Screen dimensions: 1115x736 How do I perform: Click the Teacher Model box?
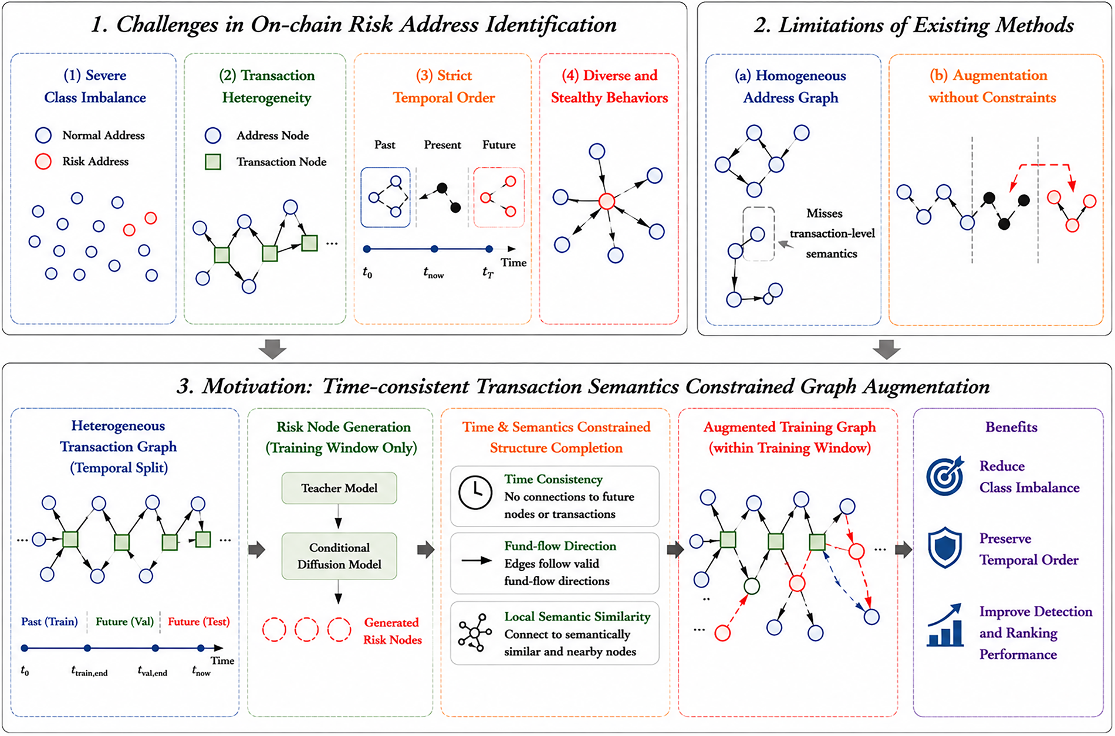point(339,488)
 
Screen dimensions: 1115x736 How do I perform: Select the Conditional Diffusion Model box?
point(339,556)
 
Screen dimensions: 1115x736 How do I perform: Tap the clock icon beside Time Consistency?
point(475,492)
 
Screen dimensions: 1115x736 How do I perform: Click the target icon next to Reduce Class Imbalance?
point(945,476)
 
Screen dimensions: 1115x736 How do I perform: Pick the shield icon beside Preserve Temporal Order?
point(945,548)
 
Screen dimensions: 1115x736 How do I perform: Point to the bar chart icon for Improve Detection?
point(945,625)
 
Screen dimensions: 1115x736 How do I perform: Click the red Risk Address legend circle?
point(43,161)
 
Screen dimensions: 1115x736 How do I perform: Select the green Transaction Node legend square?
point(213,162)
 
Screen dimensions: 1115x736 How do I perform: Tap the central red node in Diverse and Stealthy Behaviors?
point(607,201)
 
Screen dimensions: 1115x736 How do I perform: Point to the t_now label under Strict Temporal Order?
point(434,273)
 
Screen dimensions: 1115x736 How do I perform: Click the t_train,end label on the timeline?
point(89,671)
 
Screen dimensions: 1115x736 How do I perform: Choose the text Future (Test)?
point(199,622)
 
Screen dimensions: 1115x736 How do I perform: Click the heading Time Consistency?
point(553,479)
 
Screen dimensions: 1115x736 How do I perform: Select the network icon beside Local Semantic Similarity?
point(475,633)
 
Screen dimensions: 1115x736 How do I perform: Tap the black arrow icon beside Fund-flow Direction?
point(477,561)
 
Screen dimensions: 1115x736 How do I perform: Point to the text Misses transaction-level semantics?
point(832,233)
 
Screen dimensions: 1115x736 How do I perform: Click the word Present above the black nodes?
point(442,145)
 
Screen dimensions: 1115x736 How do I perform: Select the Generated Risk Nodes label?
point(392,631)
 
